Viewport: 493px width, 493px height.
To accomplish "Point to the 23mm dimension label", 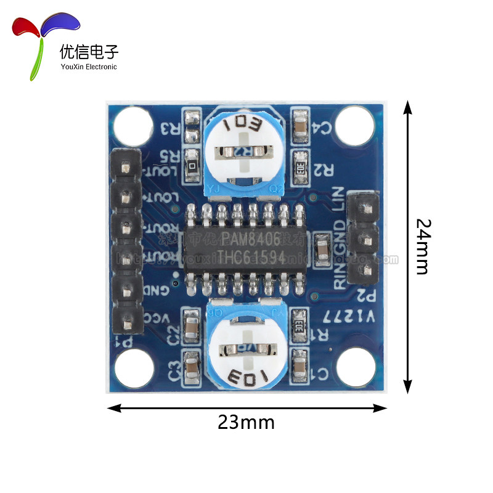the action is [x=246, y=423].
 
